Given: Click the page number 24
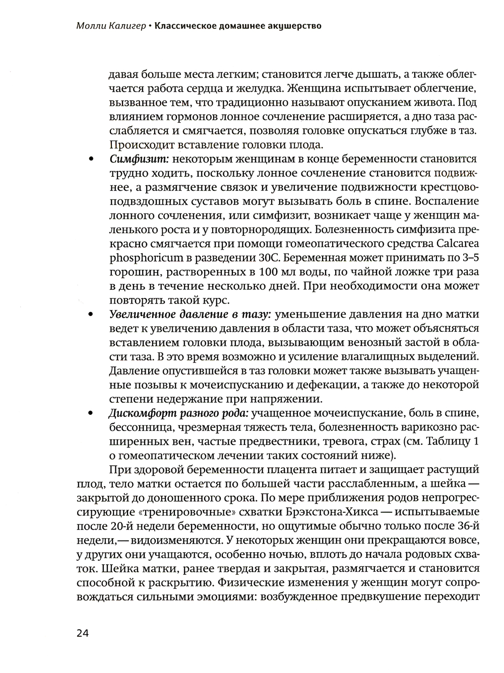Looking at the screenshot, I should pos(83,633).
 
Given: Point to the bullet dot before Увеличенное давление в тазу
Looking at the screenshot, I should pos(91,315).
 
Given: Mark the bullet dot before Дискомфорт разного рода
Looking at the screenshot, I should pos(91,414).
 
